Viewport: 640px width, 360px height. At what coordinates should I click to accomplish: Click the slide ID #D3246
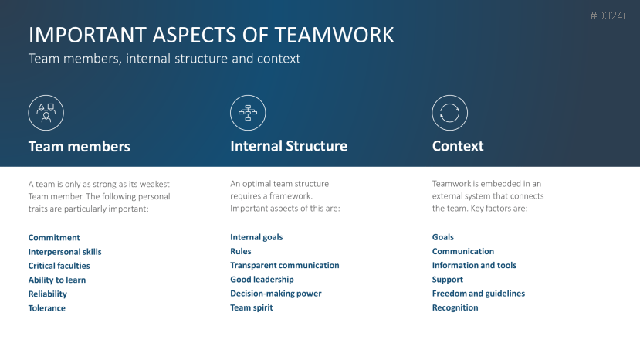(x=608, y=15)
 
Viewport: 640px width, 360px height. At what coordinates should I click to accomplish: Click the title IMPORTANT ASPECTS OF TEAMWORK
(x=211, y=35)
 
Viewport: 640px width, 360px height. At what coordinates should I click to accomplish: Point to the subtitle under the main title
(x=164, y=59)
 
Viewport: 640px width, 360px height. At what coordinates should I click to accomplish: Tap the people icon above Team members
(x=46, y=113)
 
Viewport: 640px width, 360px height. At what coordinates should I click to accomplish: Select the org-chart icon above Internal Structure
(x=248, y=113)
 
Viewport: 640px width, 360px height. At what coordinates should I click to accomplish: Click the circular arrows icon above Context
(x=449, y=113)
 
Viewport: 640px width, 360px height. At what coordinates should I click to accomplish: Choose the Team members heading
(x=79, y=146)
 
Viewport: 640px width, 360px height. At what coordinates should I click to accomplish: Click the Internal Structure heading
(x=289, y=146)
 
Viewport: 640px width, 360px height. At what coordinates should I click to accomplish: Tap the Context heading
(x=458, y=146)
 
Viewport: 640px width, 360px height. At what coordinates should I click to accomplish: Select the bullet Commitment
(x=54, y=238)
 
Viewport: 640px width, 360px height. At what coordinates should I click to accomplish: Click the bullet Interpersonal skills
(x=65, y=252)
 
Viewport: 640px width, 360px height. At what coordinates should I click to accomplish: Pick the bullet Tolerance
(x=47, y=308)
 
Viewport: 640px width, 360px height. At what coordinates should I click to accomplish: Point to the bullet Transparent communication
(x=284, y=265)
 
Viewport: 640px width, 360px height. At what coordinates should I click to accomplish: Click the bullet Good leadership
(x=262, y=280)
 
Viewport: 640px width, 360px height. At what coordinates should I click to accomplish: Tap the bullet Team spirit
(x=252, y=307)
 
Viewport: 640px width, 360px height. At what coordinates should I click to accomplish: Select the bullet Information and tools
(x=474, y=265)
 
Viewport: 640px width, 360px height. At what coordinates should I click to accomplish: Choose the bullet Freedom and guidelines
(x=478, y=294)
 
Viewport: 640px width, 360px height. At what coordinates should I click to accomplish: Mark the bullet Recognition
(x=455, y=307)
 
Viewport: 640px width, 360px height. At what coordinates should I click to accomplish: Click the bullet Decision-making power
(x=276, y=294)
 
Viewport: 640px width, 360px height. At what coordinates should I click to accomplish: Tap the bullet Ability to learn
(x=57, y=280)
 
